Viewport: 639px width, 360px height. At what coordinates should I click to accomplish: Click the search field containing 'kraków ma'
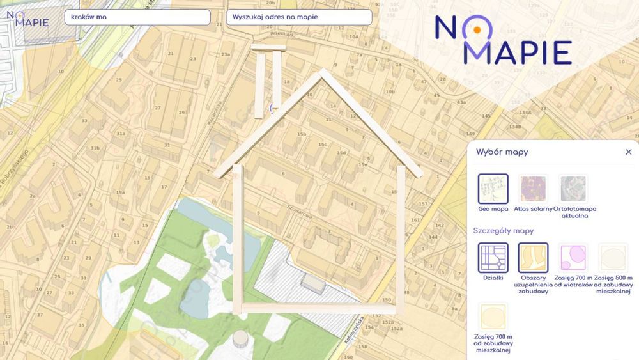137,17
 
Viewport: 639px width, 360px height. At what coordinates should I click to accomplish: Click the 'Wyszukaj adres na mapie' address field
298,17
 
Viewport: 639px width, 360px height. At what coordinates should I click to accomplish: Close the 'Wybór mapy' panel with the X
628,152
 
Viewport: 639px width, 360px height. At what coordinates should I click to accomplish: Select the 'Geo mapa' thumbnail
493,189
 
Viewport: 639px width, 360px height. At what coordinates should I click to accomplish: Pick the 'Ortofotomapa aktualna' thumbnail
573,189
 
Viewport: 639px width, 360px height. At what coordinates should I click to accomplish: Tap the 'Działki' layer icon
493,258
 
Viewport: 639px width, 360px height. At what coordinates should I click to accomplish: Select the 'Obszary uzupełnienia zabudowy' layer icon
533,258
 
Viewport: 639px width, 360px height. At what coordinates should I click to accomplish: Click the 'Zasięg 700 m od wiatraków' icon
573,258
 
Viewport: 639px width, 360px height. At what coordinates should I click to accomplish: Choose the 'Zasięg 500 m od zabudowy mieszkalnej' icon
613,258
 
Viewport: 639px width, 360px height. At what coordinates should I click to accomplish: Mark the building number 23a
226,54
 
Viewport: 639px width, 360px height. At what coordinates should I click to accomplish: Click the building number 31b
95,148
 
